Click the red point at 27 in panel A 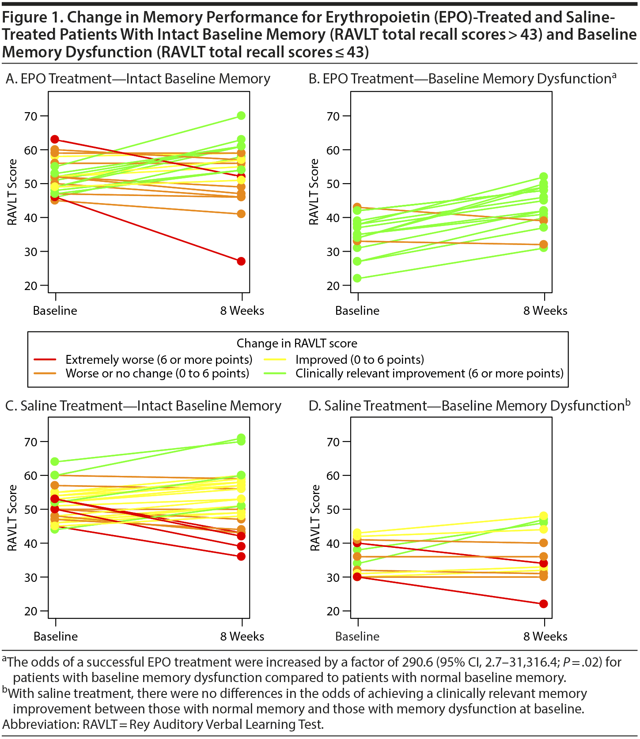pos(241,261)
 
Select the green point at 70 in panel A pos(241,116)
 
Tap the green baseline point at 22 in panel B pos(357,278)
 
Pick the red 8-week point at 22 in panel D pos(544,604)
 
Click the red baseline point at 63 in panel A pos(55,140)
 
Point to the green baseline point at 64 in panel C pos(55,462)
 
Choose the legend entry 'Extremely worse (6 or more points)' pos(159,359)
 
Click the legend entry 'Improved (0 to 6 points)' pos(360,359)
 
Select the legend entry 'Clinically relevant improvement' pos(429,373)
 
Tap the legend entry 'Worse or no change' pos(157,373)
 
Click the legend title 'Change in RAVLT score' pos(297,343)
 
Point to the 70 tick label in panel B pos(333,117)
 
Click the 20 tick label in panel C pos(31,611)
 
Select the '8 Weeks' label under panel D pos(545,636)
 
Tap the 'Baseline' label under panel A pos(55,311)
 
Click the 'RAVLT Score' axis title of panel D pos(315,518)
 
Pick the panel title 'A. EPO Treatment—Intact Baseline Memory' pos(138,79)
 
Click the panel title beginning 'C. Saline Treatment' pos(143,406)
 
